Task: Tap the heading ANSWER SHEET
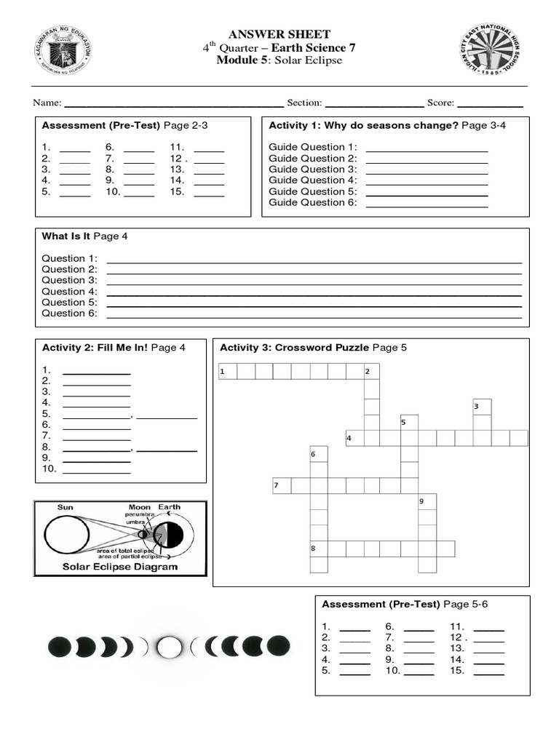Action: click(x=279, y=34)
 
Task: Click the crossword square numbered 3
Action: click(x=482, y=407)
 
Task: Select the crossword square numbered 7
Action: click(x=282, y=485)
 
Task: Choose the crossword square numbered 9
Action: click(x=427, y=502)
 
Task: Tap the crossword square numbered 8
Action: click(x=318, y=549)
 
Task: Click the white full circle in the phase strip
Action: click(x=170, y=645)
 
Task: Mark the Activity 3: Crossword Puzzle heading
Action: click(x=313, y=347)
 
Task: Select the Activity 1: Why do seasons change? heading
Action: click(x=387, y=125)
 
